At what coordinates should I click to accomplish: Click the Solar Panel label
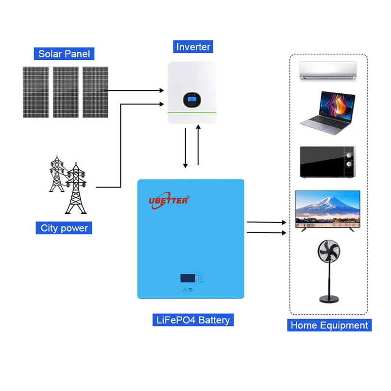(64, 53)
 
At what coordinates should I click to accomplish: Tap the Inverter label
(193, 47)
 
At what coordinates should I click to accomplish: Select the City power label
(64, 227)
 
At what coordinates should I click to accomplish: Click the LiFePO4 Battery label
(191, 320)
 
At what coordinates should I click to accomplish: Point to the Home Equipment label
(329, 325)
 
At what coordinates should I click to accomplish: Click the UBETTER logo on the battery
(169, 200)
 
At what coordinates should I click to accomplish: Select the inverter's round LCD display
(190, 100)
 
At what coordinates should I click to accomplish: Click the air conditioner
(328, 71)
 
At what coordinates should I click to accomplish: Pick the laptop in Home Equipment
(327, 111)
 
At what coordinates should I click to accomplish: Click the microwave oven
(327, 162)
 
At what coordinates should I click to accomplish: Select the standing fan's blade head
(329, 253)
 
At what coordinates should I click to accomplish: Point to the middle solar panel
(65, 91)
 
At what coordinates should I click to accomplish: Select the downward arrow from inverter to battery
(185, 148)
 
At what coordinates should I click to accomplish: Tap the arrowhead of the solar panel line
(161, 90)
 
